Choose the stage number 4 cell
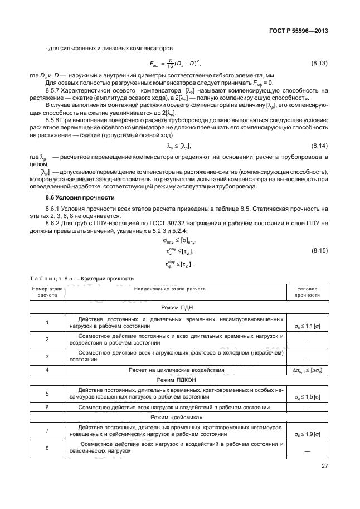click(47, 369)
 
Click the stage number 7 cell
click(47, 430)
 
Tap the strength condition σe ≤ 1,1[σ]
click(307, 324)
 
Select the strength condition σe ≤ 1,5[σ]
click(307, 397)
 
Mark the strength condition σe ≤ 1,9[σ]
click(307, 434)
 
